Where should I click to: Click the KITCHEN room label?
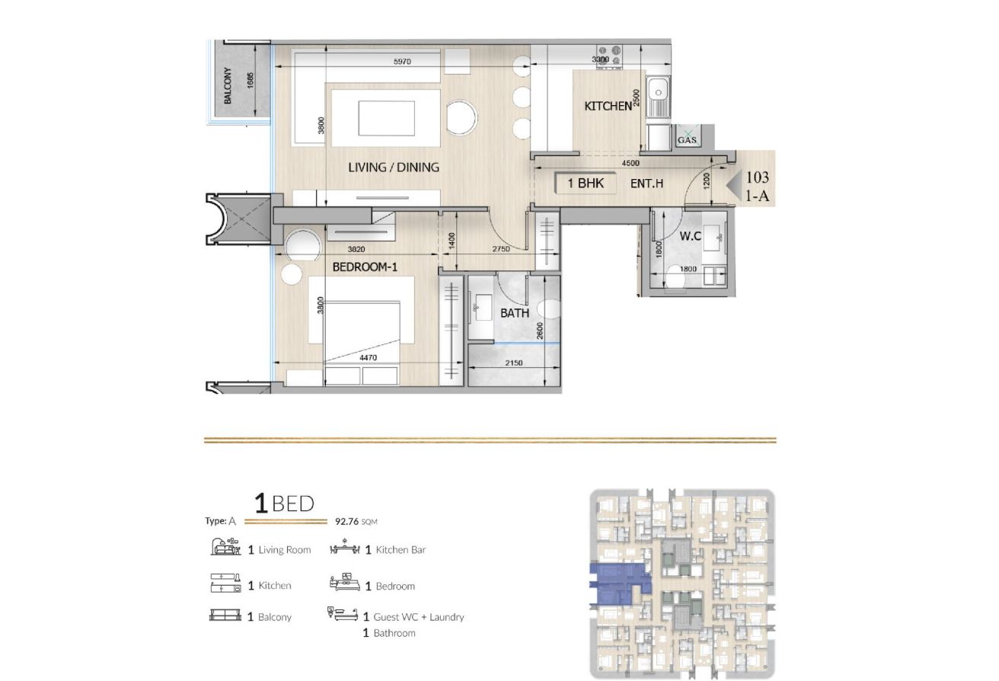(x=608, y=106)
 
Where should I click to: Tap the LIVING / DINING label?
(x=394, y=168)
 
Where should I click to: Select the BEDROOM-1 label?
(x=365, y=267)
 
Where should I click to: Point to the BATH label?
(x=515, y=313)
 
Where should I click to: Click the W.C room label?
(x=691, y=236)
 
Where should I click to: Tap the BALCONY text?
(x=228, y=85)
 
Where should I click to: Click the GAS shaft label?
(x=687, y=140)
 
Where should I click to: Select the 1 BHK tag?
(x=586, y=183)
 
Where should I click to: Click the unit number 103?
(x=758, y=177)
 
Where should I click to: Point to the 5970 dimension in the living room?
(x=402, y=62)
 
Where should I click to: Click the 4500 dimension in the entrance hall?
(x=630, y=163)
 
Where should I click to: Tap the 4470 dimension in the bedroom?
(x=368, y=357)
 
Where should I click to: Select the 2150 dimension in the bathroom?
(x=514, y=363)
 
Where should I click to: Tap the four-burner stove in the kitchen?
(x=610, y=56)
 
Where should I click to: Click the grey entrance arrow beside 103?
(x=735, y=184)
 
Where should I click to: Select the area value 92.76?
(x=346, y=521)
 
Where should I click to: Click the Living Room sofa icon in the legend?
(x=225, y=547)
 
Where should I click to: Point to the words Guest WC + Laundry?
(x=419, y=617)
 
